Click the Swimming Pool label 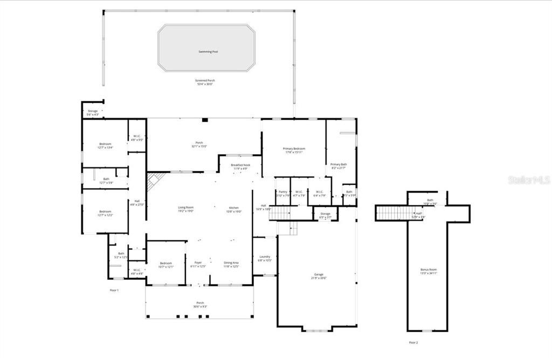coord(207,52)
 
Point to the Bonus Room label coord(429,269)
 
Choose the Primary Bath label coord(339,164)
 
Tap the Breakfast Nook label coord(240,165)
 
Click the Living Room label coord(186,207)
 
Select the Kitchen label coord(233,207)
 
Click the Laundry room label coord(264,257)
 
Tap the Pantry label coord(282,191)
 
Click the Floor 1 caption coord(114,290)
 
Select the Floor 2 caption coord(413,342)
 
